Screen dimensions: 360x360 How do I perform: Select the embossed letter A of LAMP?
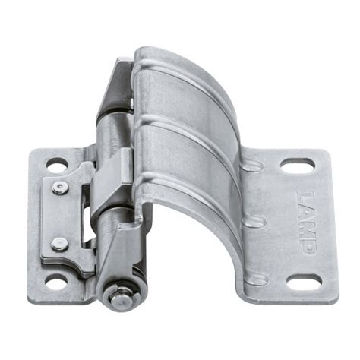302,213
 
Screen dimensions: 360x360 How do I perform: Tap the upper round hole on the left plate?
56,163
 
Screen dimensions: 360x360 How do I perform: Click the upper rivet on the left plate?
58,187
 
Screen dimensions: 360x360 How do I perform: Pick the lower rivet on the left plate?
58,244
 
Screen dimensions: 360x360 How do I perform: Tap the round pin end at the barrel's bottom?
118,296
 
